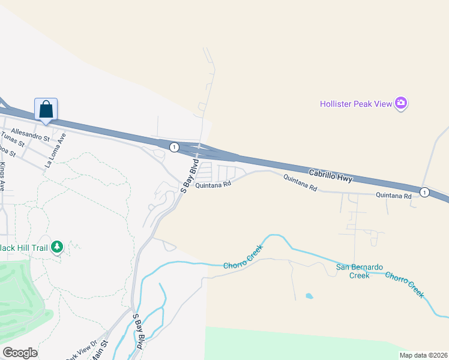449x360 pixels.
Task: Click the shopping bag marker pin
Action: [x=46, y=110]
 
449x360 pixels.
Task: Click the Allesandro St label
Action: [x=30, y=135]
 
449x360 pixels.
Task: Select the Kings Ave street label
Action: [x=2, y=177]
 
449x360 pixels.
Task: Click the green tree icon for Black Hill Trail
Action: [x=57, y=247]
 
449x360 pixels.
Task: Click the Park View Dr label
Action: [x=82, y=350]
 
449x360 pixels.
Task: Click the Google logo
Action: [x=20, y=353]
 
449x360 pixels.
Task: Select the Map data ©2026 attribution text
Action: [x=423, y=354]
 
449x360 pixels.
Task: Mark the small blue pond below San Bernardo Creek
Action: [x=309, y=296]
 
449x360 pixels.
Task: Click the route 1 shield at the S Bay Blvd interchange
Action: [x=173, y=146]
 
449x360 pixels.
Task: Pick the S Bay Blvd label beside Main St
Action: [x=137, y=331]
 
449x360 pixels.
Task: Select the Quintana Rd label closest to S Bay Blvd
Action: [x=213, y=184]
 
